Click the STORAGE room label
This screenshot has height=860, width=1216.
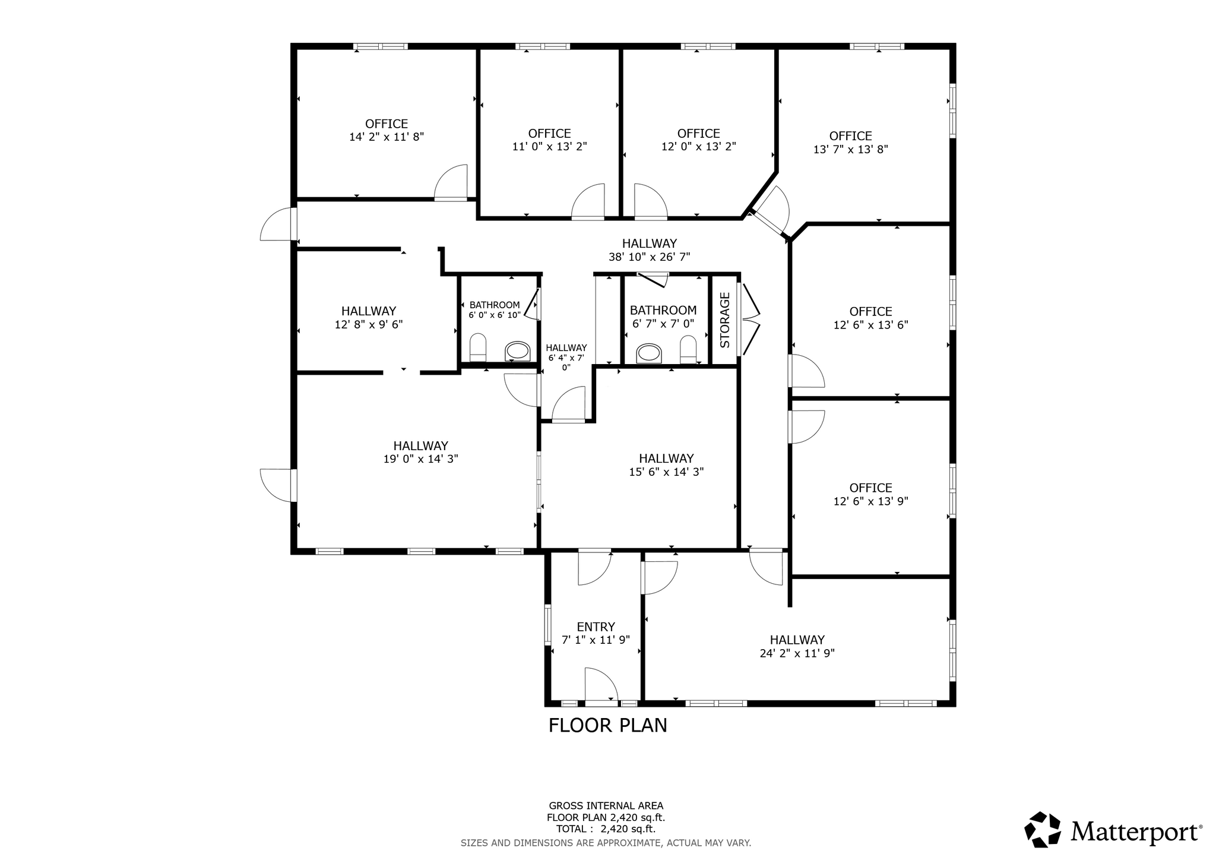point(724,320)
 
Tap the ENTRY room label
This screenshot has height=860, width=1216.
point(596,627)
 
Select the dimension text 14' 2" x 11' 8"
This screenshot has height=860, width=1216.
point(387,137)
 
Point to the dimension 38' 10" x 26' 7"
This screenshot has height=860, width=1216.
point(649,257)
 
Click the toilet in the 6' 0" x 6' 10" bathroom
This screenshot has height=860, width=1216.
point(478,347)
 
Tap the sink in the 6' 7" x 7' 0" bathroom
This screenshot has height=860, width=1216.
point(648,353)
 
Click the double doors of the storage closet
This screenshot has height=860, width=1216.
point(750,320)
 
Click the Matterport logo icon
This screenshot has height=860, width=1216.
point(1042,829)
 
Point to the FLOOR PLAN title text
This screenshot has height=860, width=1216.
point(607,726)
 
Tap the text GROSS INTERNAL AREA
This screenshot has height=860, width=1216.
point(606,806)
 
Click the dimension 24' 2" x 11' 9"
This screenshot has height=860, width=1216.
point(797,653)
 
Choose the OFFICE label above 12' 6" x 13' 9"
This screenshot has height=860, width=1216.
point(870,488)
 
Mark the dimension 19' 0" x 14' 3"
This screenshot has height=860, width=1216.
point(420,459)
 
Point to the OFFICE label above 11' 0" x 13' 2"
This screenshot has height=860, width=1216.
point(549,134)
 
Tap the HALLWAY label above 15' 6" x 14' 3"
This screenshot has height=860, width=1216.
point(666,459)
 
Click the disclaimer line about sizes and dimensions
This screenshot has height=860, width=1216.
point(606,843)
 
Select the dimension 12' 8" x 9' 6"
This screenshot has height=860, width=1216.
point(368,325)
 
